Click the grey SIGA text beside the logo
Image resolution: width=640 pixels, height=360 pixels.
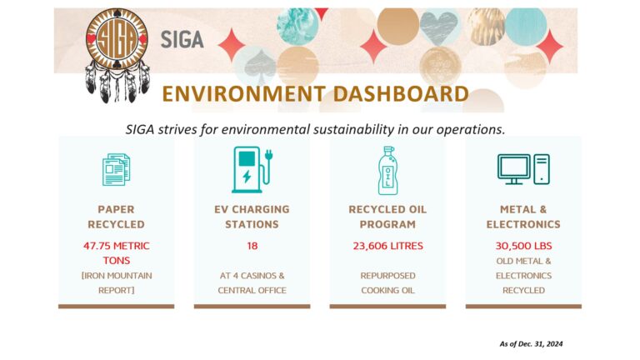point(182,39)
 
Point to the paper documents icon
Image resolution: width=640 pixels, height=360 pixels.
point(116,168)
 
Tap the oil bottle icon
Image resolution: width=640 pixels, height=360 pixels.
point(387,169)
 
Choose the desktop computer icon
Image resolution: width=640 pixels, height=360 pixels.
point(523,168)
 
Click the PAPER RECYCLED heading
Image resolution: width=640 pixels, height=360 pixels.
point(116,217)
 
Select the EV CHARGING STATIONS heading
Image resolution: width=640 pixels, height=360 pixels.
point(252,217)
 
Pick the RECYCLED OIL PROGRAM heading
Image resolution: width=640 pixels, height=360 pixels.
point(387,217)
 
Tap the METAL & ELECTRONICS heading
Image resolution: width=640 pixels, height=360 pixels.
point(523,217)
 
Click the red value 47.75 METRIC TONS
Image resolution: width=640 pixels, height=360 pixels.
point(116,252)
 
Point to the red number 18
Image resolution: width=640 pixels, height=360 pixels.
point(252,246)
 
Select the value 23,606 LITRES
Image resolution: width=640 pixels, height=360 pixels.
point(387,246)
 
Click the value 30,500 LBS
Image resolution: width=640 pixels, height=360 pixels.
point(523,246)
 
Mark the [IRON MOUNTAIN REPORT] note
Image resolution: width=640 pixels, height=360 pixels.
point(116,282)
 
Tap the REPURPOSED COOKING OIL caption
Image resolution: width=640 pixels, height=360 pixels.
point(387,282)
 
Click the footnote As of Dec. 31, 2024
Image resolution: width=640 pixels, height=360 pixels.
point(526,343)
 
